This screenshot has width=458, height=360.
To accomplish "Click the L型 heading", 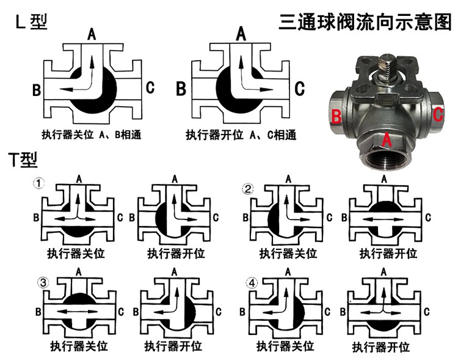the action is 31,21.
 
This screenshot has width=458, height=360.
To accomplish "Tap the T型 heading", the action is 23,160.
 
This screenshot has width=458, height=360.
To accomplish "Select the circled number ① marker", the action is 39,183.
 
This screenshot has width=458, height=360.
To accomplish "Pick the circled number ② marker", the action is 248,189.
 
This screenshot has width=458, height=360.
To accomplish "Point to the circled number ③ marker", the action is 43,283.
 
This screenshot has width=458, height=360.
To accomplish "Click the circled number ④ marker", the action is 252,283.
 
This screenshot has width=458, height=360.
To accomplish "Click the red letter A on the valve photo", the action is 387,139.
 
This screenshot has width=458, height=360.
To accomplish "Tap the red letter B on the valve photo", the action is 336,116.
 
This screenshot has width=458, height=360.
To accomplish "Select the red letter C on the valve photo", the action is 438,114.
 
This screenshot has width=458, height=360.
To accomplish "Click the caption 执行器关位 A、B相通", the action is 92,135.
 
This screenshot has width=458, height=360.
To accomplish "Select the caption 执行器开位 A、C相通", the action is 241,135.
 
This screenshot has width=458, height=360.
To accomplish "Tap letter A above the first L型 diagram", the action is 92,34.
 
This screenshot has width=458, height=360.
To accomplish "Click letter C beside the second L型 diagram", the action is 299,88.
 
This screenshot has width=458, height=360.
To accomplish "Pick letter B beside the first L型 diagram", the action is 36,90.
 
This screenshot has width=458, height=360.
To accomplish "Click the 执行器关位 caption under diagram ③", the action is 79,347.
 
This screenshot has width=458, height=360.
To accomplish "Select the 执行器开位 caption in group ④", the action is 381,347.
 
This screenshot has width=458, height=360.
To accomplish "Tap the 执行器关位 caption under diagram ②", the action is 288,253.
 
